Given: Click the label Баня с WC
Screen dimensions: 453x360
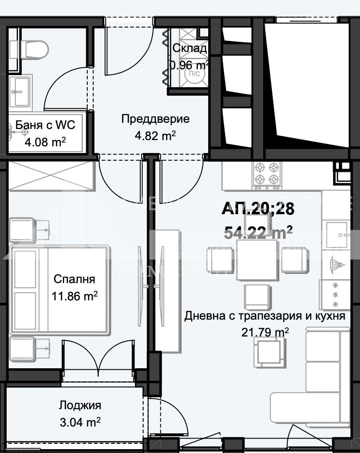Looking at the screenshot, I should pyautogui.click(x=45, y=126).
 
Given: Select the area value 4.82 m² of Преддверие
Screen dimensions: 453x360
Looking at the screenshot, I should pyautogui.click(x=155, y=136).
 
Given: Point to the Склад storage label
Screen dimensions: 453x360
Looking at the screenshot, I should pyautogui.click(x=189, y=48).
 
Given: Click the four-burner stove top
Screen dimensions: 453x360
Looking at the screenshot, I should pyautogui.click(x=267, y=174).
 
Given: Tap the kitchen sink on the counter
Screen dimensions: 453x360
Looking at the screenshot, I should pyautogui.click(x=337, y=235).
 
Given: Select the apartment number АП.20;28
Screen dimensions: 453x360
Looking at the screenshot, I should pyautogui.click(x=258, y=209).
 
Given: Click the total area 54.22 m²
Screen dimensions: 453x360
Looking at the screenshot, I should pyautogui.click(x=258, y=233).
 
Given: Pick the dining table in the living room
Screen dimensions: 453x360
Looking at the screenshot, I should pyautogui.click(x=256, y=260).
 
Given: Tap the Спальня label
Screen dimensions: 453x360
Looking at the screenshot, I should pyautogui.click(x=75, y=279).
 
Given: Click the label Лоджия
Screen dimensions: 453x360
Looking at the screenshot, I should pyautogui.click(x=80, y=405).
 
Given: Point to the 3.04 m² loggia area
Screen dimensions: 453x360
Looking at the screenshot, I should pyautogui.click(x=80, y=422).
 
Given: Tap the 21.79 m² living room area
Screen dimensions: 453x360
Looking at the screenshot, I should pyautogui.click(x=265, y=332).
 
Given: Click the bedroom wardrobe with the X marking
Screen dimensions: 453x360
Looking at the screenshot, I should pyautogui.click(x=50, y=176).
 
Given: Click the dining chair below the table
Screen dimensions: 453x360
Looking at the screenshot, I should pyautogui.click(x=256, y=297).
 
